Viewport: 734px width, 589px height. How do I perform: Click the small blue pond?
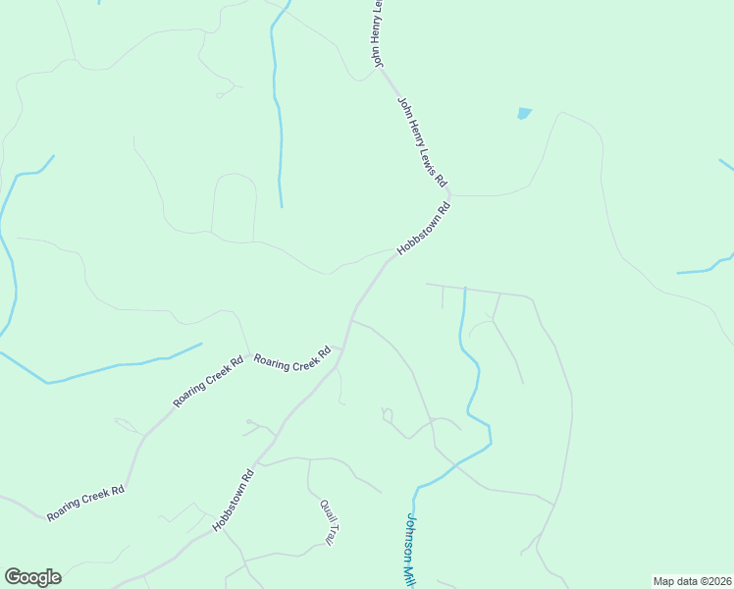[524, 113]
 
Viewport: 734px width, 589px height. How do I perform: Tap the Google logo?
[32, 577]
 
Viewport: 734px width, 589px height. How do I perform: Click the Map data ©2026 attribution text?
[691, 580]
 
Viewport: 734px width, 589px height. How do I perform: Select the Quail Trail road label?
[329, 521]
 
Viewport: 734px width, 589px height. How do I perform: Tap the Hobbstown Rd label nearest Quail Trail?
[234, 501]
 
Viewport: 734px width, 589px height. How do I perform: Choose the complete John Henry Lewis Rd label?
[422, 141]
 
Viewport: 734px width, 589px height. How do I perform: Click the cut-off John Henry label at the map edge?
[377, 33]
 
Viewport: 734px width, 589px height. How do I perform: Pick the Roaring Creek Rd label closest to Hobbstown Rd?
[292, 358]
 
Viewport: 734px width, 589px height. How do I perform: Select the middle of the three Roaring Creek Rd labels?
[208, 381]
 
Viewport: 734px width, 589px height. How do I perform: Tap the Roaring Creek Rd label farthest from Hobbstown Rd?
[86, 502]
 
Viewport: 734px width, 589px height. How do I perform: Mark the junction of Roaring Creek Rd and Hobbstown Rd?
[339, 348]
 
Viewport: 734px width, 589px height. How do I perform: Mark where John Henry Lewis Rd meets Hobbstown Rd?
[452, 194]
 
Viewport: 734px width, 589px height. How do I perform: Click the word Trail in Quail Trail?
[333, 532]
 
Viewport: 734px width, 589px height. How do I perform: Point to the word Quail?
[325, 509]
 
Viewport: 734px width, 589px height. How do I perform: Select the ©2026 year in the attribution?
[712, 580]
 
